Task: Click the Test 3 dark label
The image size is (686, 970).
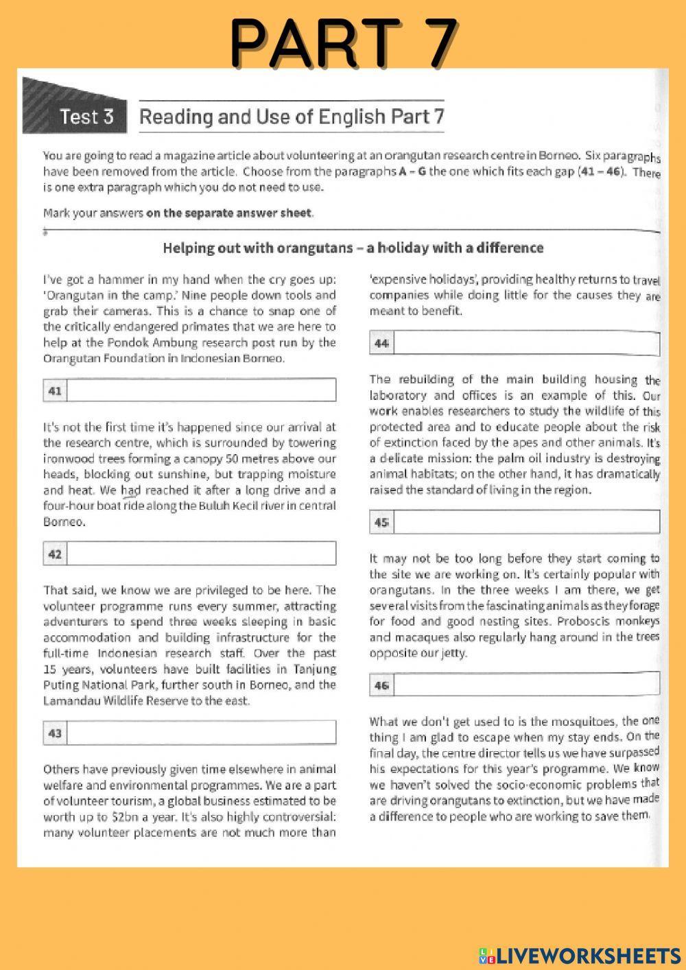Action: [86, 116]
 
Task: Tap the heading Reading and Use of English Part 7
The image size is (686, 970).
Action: [292, 116]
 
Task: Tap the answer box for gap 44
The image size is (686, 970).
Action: [526, 343]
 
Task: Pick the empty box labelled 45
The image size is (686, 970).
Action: [526, 522]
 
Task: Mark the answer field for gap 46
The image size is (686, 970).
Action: [526, 684]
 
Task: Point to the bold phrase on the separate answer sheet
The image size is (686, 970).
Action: [229, 213]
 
